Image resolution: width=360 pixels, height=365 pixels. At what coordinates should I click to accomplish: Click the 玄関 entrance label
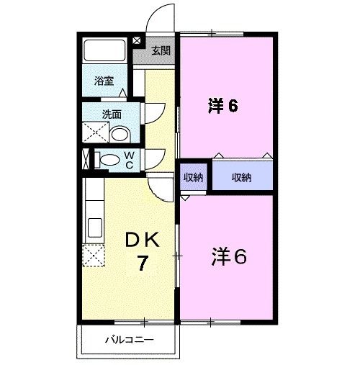click(161, 50)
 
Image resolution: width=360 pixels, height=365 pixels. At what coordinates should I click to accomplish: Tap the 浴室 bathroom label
click(104, 81)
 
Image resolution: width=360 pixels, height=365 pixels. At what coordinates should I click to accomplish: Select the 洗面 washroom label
click(110, 113)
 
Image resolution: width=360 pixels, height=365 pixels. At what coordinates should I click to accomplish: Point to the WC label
click(129, 159)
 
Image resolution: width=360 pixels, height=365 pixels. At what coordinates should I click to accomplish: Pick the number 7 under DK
click(143, 264)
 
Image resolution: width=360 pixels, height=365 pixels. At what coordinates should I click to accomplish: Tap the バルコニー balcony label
click(129, 338)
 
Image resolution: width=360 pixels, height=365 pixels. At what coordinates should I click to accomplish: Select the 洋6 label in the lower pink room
click(228, 256)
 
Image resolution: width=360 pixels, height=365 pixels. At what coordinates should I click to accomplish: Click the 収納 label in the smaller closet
click(192, 177)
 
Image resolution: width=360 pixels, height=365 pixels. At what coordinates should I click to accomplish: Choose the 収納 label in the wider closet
click(241, 177)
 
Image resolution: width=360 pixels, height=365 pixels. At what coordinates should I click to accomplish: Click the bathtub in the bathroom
click(105, 50)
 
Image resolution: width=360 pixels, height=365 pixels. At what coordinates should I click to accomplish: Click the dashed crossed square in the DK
click(93, 256)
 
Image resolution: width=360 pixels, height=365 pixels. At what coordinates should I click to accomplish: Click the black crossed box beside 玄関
click(138, 41)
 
